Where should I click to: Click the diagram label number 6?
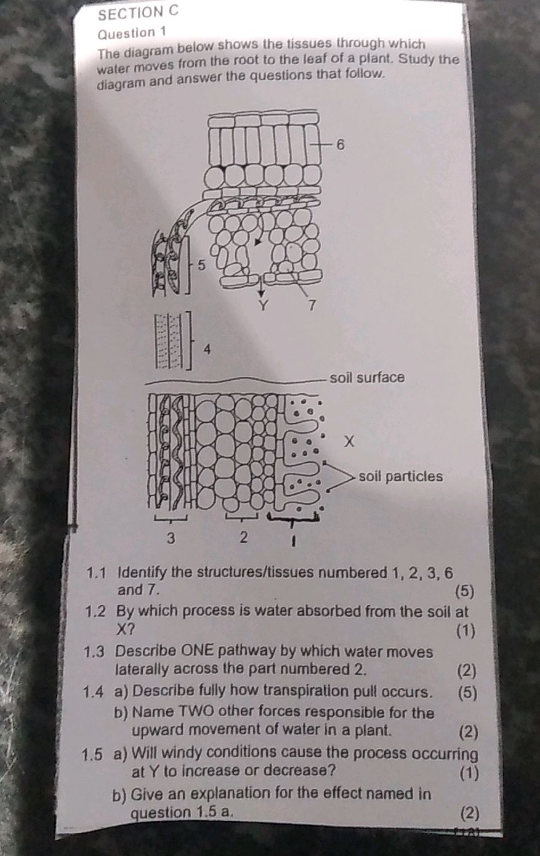(x=342, y=145)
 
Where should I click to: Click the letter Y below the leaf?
(x=262, y=304)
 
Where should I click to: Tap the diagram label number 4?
(x=208, y=349)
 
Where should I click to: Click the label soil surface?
(x=367, y=377)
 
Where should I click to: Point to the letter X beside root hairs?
(x=350, y=442)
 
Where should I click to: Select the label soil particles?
(x=400, y=476)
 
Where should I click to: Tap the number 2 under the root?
(x=243, y=538)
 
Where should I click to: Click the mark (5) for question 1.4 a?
(x=468, y=691)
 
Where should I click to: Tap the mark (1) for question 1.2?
(x=465, y=630)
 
